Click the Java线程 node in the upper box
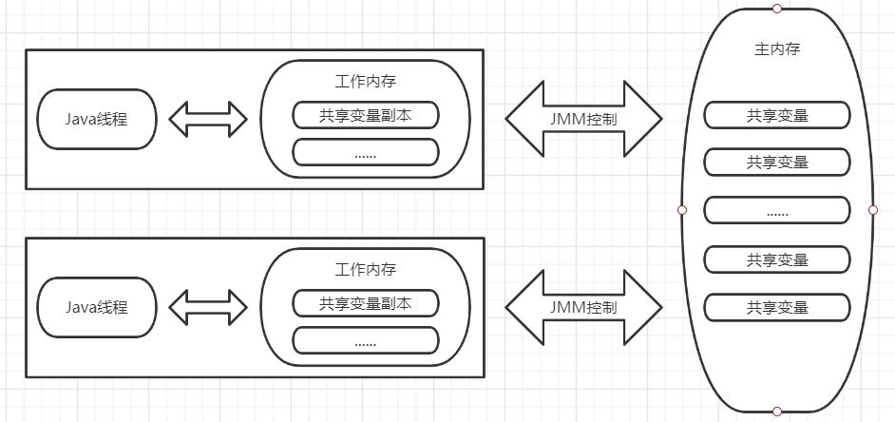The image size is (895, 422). pyautogui.click(x=96, y=119)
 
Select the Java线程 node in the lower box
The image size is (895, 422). pyautogui.click(x=96, y=307)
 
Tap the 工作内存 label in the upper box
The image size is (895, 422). pyautogui.click(x=366, y=81)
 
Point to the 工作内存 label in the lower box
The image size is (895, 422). pyautogui.click(x=366, y=269)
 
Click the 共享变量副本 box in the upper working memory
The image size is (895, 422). pyautogui.click(x=366, y=115)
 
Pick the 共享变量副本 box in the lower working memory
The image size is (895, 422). pyautogui.click(x=366, y=303)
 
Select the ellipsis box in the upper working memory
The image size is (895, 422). pyautogui.click(x=366, y=152)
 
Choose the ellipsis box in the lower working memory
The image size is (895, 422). pyautogui.click(x=366, y=340)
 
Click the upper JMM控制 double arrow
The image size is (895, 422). pyautogui.click(x=583, y=119)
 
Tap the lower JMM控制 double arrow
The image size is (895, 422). pyautogui.click(x=583, y=307)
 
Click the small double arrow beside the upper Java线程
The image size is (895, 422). pyautogui.click(x=208, y=119)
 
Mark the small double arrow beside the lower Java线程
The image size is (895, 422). pyautogui.click(x=208, y=307)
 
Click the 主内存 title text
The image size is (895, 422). pyautogui.click(x=776, y=48)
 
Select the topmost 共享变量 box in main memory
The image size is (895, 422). pyautogui.click(x=776, y=115)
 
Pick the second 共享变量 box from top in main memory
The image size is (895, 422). pyautogui.click(x=776, y=162)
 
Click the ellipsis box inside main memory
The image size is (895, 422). pyautogui.click(x=776, y=210)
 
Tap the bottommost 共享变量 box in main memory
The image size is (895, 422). pyautogui.click(x=776, y=307)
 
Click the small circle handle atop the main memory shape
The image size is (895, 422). pyautogui.click(x=777, y=9)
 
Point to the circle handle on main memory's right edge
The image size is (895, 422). pyautogui.click(x=873, y=210)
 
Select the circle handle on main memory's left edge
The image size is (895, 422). pyautogui.click(x=681, y=210)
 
